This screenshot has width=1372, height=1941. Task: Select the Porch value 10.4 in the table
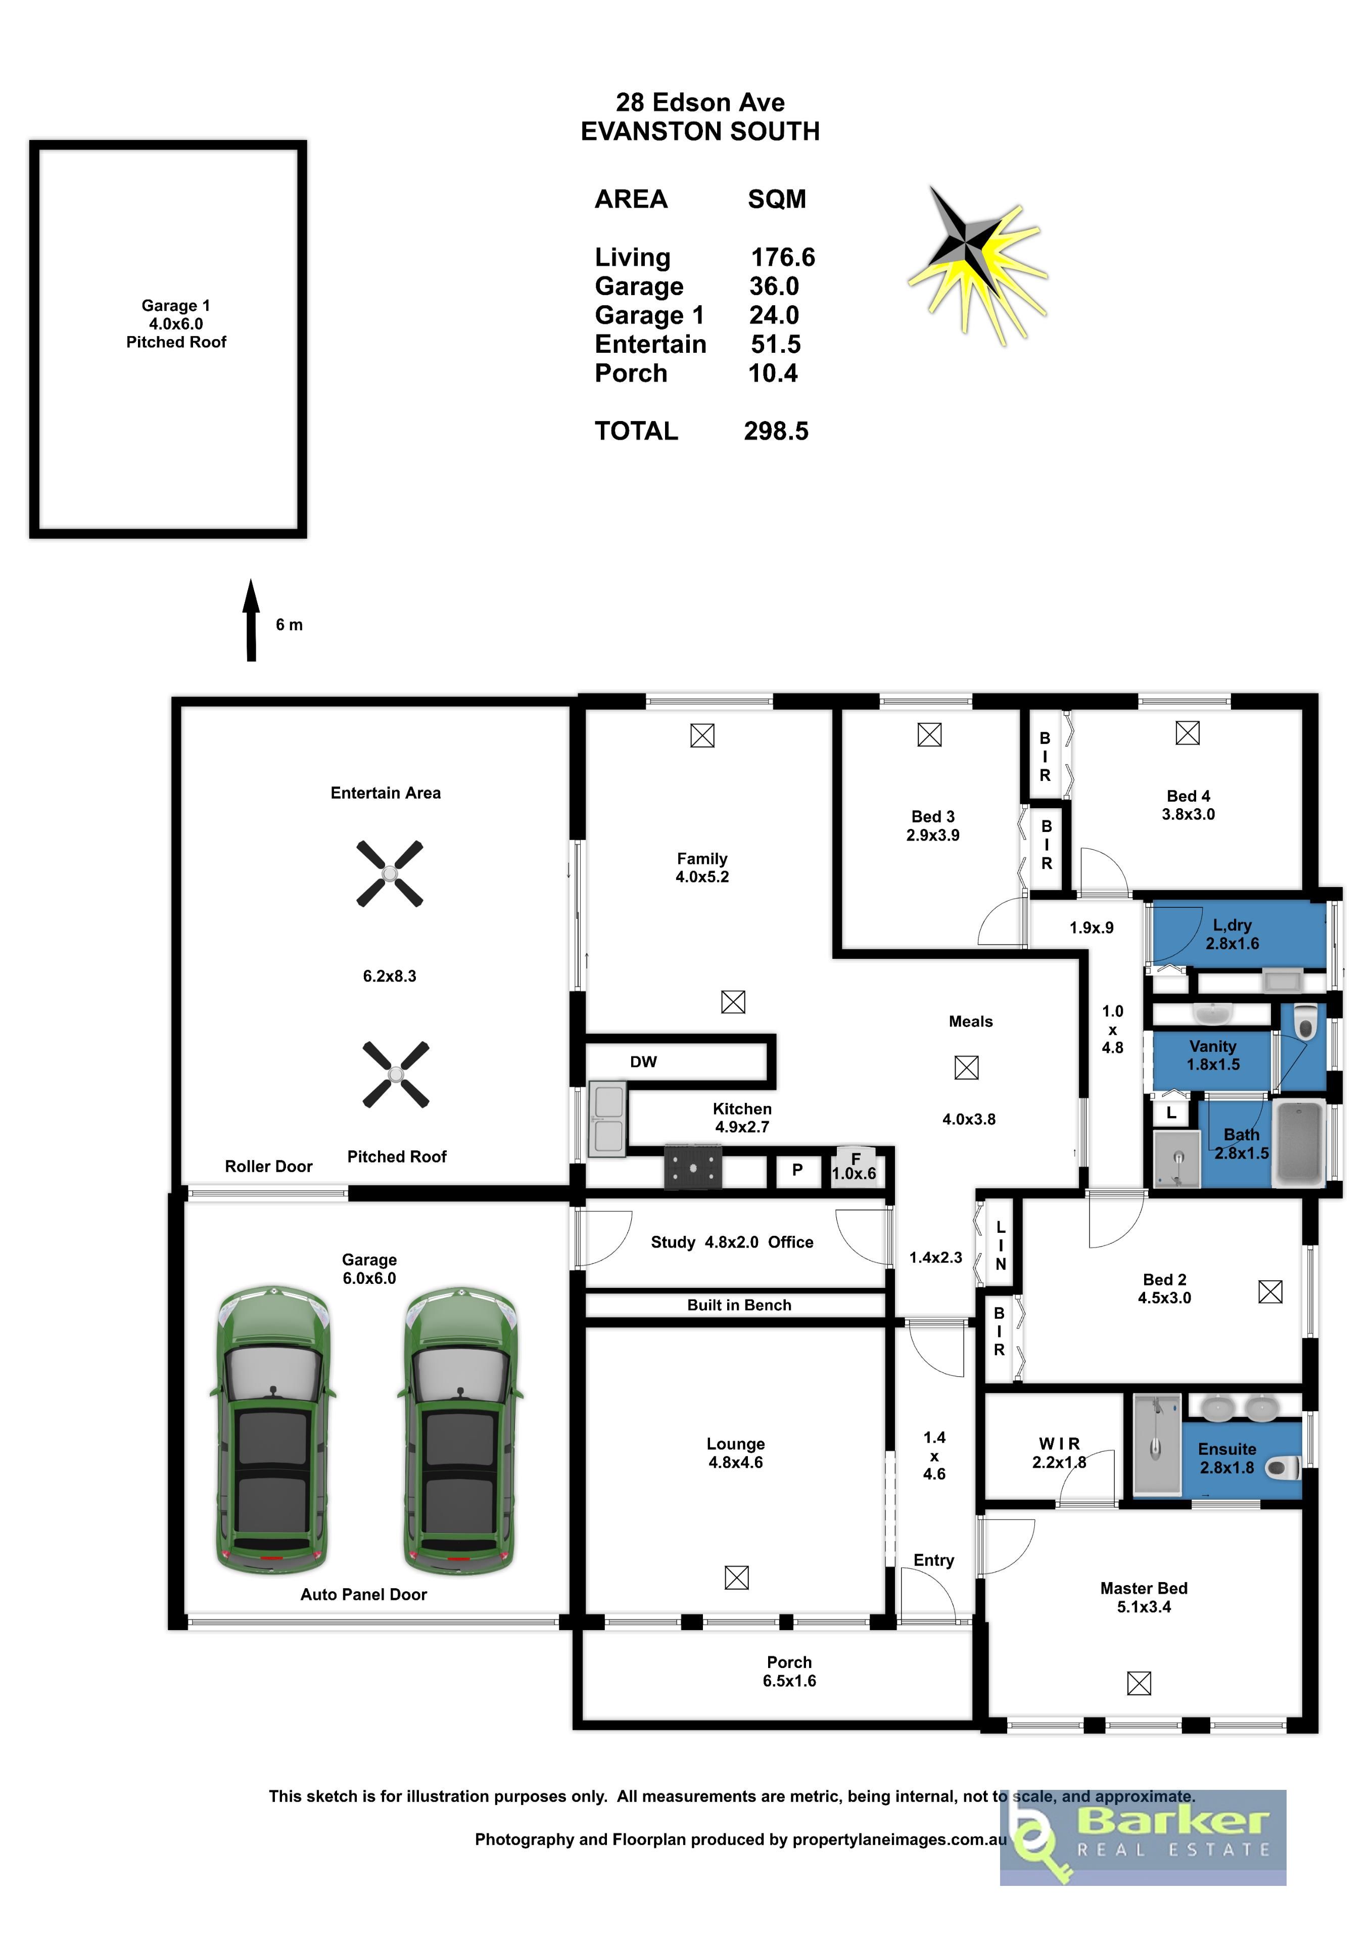pos(773,373)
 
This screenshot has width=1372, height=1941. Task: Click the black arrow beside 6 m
pos(251,620)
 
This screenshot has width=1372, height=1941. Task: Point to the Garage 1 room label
pos(176,305)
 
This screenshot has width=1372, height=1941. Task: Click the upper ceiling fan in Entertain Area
pos(390,873)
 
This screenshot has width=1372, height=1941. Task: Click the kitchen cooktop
pos(693,1168)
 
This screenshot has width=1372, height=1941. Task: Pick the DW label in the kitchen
pos(643,1062)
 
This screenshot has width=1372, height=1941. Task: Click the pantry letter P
pos(797,1170)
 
